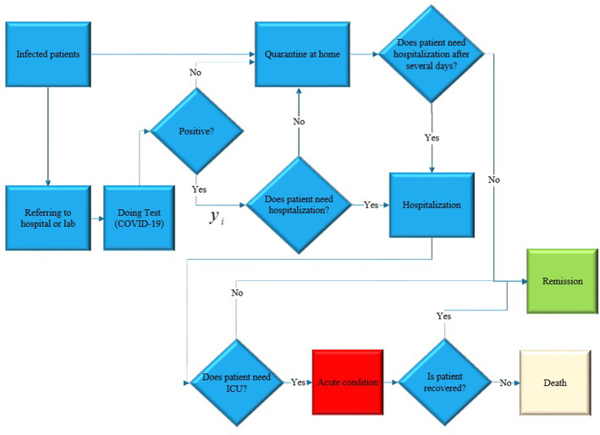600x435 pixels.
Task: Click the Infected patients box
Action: pyautogui.click(x=48, y=56)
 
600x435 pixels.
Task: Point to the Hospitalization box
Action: pyautogui.click(x=432, y=205)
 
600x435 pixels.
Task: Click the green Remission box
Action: pyautogui.click(x=563, y=280)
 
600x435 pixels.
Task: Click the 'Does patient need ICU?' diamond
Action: pyautogui.click(x=236, y=382)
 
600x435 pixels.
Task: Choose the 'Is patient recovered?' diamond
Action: pyautogui.click(x=445, y=382)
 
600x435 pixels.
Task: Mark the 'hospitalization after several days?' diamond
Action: pyautogui.click(x=432, y=56)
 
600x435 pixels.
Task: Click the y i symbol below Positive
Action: pyautogui.click(x=217, y=218)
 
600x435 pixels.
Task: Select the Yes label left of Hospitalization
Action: pyautogui.click(x=371, y=206)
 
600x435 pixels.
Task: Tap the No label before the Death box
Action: pyautogui.click(x=505, y=382)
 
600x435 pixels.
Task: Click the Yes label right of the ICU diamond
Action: pyautogui.click(x=298, y=382)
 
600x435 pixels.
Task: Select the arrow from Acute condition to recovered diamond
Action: pyautogui.click(x=390, y=382)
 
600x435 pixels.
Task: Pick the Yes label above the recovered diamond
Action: pyautogui.click(x=443, y=316)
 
